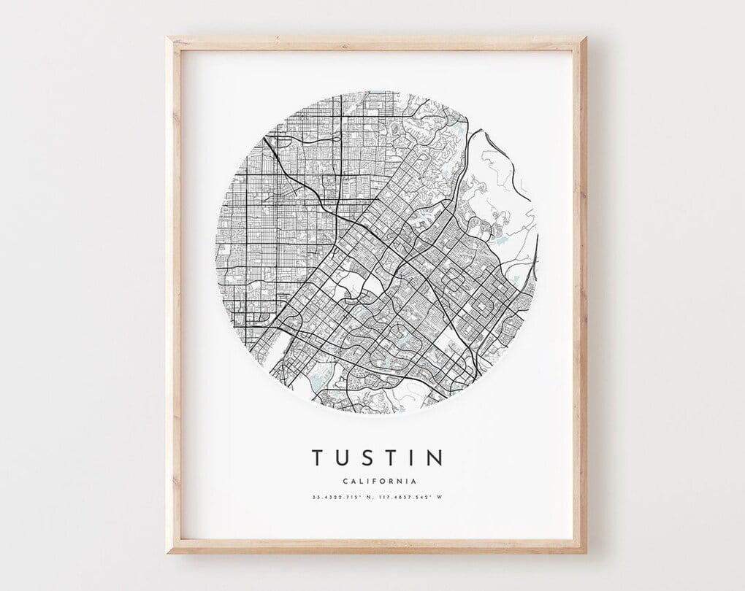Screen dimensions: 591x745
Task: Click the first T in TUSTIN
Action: point(318,457)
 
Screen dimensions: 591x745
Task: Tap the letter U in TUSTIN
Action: point(345,457)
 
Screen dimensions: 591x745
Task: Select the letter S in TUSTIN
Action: point(372,457)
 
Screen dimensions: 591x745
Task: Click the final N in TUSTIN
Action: point(435,457)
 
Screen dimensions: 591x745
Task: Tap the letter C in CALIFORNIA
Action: point(344,481)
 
